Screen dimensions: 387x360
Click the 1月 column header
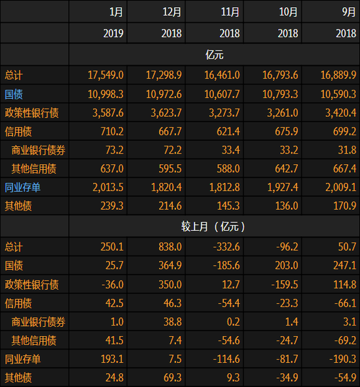[116, 12]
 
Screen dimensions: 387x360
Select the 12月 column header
[171, 12]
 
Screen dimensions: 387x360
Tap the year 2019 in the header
[113, 33]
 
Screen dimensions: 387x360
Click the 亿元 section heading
[213, 54]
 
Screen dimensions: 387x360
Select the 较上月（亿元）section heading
[213, 227]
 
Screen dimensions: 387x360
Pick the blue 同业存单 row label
[22, 188]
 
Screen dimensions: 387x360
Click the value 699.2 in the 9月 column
[343, 131]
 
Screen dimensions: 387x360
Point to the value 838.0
[169, 246]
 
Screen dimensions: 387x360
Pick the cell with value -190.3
[342, 359]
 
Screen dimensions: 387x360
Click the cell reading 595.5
[169, 169]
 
